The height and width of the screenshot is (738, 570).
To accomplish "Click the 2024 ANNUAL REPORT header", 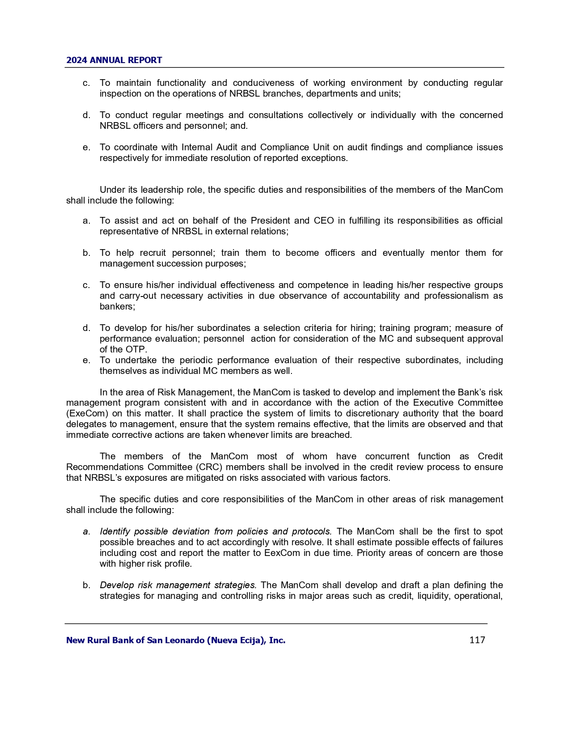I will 114,60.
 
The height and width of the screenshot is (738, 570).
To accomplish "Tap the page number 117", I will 477,640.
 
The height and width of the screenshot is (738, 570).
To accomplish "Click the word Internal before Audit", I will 198,147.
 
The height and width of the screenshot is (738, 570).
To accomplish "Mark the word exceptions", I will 325,158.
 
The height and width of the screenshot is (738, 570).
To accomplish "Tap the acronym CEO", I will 324,221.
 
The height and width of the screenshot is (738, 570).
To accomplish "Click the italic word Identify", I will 114,531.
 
